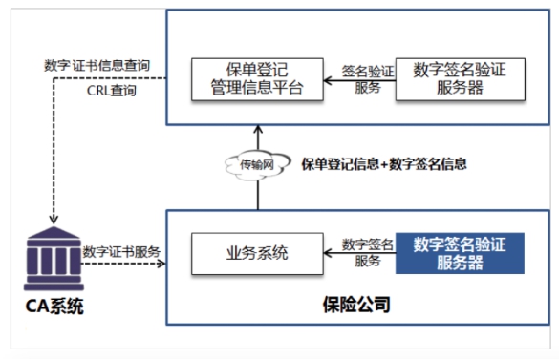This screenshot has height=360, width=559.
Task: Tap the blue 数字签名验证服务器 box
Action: click(x=460, y=253)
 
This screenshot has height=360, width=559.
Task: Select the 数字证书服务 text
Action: click(x=121, y=252)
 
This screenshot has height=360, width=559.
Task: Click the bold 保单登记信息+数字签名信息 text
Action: click(x=384, y=163)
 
